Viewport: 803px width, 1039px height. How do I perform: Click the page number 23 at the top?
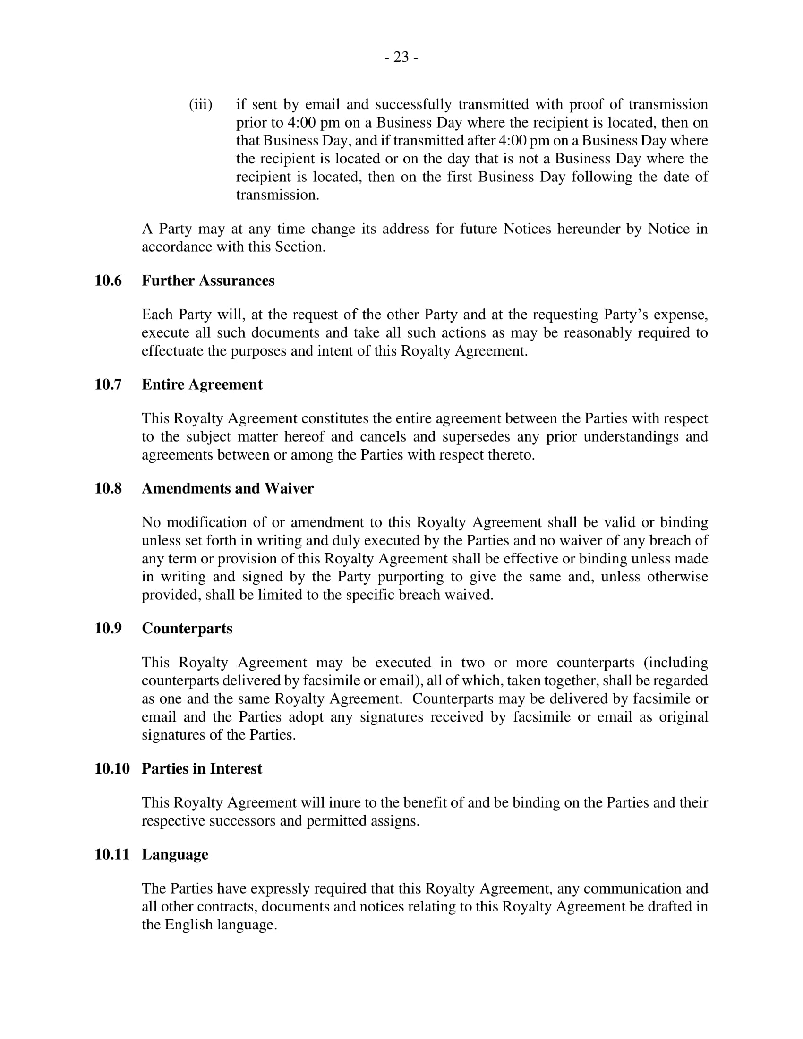(x=401, y=57)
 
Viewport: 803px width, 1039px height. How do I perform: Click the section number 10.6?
(x=108, y=281)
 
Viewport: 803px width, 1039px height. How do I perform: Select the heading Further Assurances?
(x=208, y=281)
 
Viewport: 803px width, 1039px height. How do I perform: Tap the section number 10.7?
(x=108, y=384)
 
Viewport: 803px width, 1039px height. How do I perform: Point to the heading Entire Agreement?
(x=202, y=384)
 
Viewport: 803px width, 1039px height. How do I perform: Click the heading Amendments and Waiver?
(x=227, y=489)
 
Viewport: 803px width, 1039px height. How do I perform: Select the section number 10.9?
(x=108, y=629)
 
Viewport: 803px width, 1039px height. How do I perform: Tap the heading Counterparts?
(x=187, y=629)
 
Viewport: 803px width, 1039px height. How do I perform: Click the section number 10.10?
(x=112, y=769)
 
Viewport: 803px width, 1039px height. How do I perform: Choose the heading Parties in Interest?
(x=202, y=769)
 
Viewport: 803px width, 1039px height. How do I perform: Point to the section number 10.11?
(x=112, y=854)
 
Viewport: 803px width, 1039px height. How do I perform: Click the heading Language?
(x=175, y=854)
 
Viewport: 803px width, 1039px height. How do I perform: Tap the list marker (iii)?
(x=200, y=104)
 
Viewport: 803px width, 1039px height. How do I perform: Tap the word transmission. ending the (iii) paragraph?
(x=277, y=195)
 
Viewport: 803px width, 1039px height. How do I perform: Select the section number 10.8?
(x=108, y=489)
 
